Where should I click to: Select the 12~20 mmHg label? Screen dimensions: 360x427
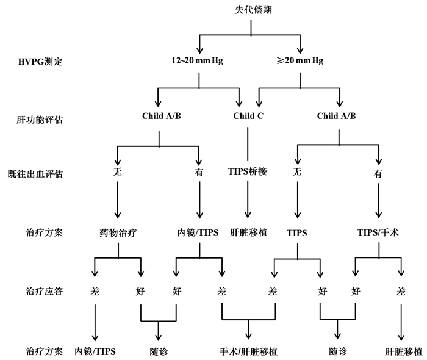tap(198, 61)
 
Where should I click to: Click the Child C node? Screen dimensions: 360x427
tap(248, 117)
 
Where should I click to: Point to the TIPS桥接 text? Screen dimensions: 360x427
tap(248, 172)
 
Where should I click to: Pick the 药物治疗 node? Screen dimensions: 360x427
tap(117, 232)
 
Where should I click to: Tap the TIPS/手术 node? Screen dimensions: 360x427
tap(378, 232)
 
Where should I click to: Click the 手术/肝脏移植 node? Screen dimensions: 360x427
tap(248, 351)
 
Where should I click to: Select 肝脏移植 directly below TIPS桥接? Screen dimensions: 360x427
tap(248, 232)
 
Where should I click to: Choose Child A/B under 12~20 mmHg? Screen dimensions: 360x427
tap(160, 117)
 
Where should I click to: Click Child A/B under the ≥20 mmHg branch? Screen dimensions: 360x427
tap(337, 117)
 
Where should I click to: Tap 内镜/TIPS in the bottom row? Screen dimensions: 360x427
tap(95, 351)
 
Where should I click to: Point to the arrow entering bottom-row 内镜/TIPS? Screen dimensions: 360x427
tap(95, 323)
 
